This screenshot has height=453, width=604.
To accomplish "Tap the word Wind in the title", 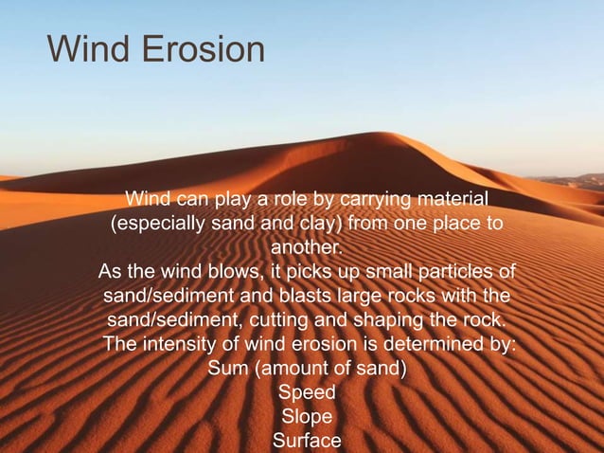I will (83, 49).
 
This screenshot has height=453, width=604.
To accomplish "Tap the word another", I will (306, 248).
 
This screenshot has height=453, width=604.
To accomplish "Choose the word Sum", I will (227, 368).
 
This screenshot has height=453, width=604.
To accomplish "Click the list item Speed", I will (307, 391).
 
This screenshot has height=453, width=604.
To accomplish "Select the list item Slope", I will (307, 415).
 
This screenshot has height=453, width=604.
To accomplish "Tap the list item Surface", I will (307, 440).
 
